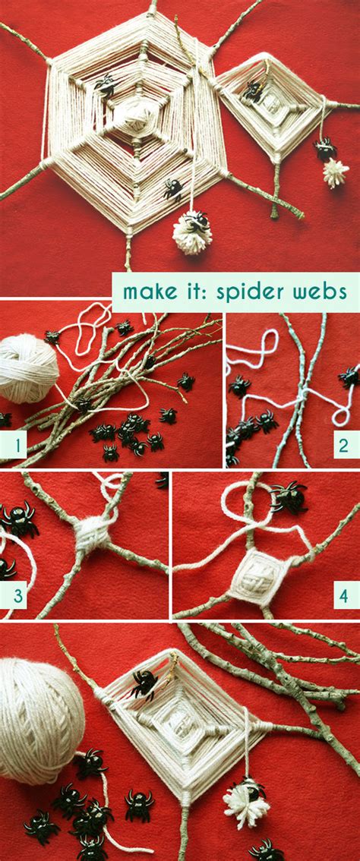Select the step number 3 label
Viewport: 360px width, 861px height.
(x=13, y=594)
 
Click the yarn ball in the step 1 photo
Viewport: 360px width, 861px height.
(x=28, y=367)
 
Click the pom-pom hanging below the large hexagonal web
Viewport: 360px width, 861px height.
(x=192, y=234)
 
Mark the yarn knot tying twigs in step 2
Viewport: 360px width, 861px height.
(x=302, y=396)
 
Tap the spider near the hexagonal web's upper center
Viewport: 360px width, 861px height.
(x=106, y=84)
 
